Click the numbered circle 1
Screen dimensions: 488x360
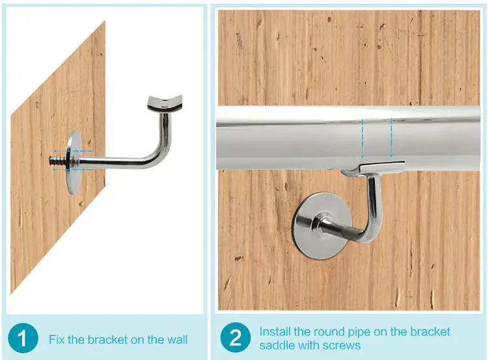[x=23, y=339]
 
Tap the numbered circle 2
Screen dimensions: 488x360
[x=236, y=338]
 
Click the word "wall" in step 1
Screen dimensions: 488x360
[x=177, y=339]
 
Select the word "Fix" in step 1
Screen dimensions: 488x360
[x=57, y=339]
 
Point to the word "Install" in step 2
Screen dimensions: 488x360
[x=275, y=331]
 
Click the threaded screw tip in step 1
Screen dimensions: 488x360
[x=57, y=160]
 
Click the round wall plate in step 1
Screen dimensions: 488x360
[x=74, y=162]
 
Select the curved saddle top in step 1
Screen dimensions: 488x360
[x=165, y=103]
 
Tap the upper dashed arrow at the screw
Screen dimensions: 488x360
[x=73, y=151]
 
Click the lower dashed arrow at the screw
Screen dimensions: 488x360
[x=72, y=170]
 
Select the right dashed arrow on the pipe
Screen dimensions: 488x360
[x=391, y=137]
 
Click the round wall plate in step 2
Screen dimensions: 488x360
[x=322, y=225]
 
